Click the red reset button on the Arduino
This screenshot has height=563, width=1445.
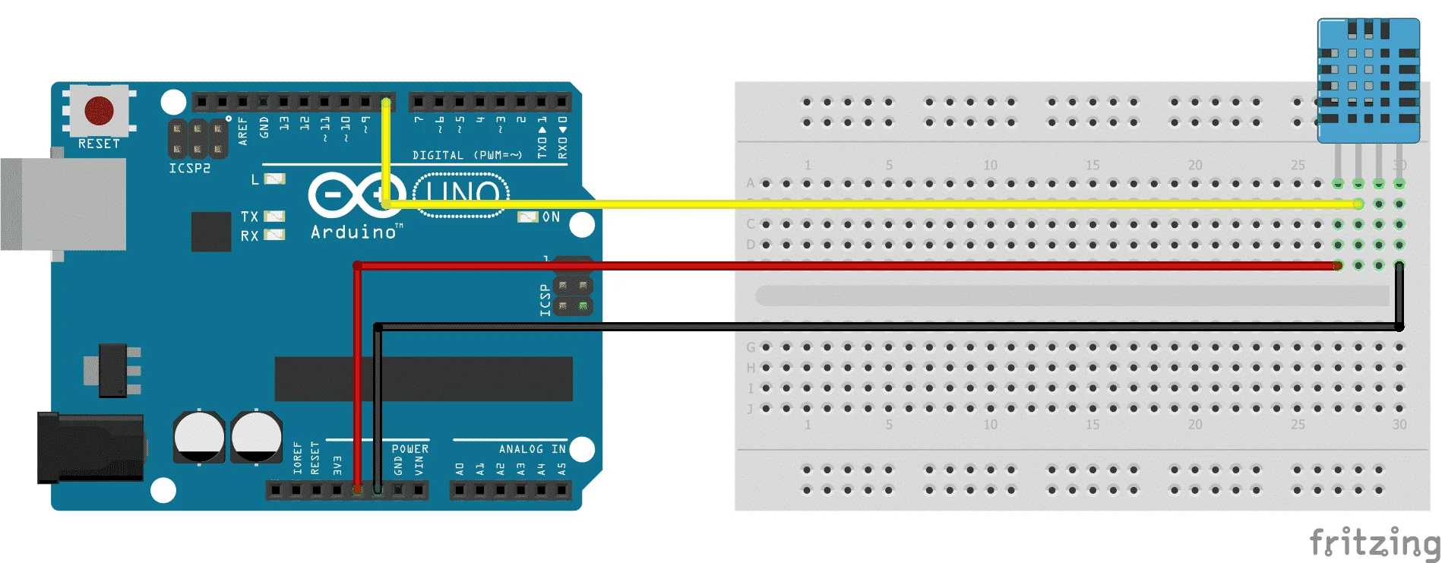pyautogui.click(x=99, y=111)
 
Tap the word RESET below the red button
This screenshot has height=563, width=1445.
pyautogui.click(x=99, y=144)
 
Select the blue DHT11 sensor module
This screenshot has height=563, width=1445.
pyautogui.click(x=1368, y=81)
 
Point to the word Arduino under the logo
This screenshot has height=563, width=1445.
pyautogui.click(x=354, y=232)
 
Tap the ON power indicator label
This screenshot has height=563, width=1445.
pyautogui.click(x=551, y=217)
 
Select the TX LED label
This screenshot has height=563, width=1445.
pyautogui.click(x=250, y=217)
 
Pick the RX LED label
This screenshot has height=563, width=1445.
pyautogui.click(x=250, y=236)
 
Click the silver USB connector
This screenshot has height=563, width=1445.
pyautogui.click(x=65, y=204)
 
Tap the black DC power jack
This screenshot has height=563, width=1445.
pyautogui.click(x=91, y=448)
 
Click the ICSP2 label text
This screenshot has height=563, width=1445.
pyautogui.click(x=190, y=168)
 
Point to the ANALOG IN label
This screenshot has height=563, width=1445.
pyautogui.click(x=532, y=449)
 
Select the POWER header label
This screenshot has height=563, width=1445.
pyautogui.click(x=410, y=449)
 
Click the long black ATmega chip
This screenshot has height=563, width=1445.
pyautogui.click(x=423, y=378)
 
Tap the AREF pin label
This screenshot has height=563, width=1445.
pyautogui.click(x=243, y=131)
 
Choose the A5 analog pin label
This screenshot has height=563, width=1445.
pyautogui.click(x=562, y=470)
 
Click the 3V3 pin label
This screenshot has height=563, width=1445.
pyautogui.click(x=337, y=466)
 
